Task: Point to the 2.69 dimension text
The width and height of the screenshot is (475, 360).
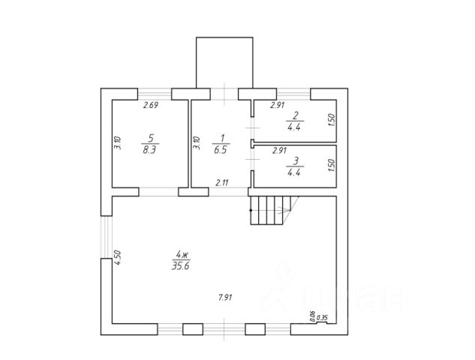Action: pyautogui.click(x=151, y=106)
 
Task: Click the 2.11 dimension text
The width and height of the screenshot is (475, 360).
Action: pyautogui.click(x=222, y=182)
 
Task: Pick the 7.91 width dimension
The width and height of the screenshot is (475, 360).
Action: pyautogui.click(x=224, y=298)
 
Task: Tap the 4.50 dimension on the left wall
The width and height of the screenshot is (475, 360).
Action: pyautogui.click(x=118, y=256)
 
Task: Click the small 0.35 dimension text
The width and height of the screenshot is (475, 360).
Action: pyautogui.click(x=322, y=318)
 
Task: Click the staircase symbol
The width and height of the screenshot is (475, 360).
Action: pyautogui.click(x=271, y=211)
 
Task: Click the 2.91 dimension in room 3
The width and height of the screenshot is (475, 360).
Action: pyautogui.click(x=279, y=150)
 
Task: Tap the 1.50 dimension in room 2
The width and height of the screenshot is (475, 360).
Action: pyautogui.click(x=330, y=119)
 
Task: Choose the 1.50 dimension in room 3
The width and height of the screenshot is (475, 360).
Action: pyautogui.click(x=330, y=165)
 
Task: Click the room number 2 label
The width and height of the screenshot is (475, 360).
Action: pyautogui.click(x=295, y=116)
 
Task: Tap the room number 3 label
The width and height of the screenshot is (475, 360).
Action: pyautogui.click(x=295, y=160)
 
